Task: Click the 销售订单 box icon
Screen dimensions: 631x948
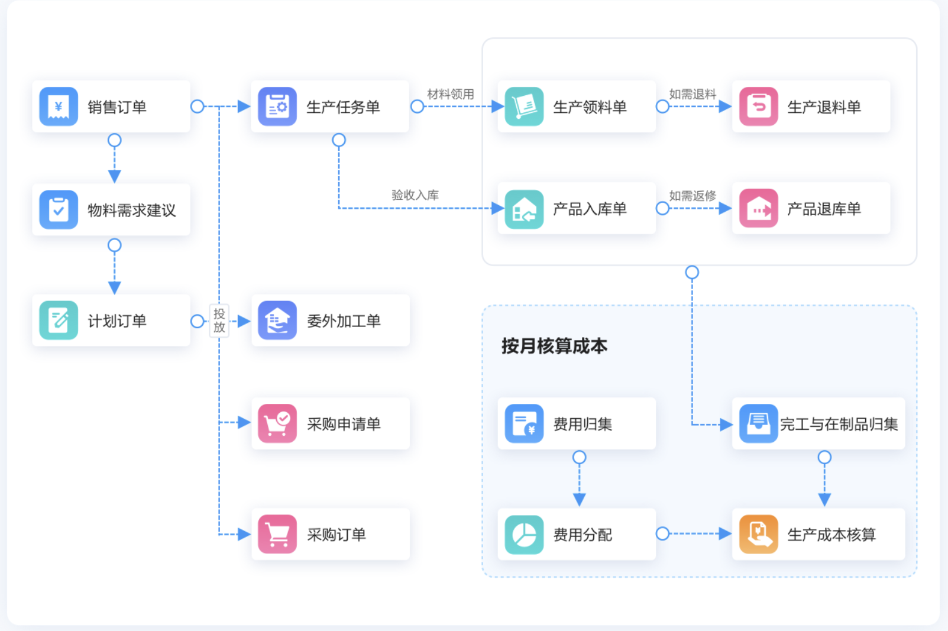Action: point(59,106)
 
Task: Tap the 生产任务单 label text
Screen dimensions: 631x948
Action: point(343,107)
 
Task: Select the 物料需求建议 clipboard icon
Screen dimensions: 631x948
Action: point(59,209)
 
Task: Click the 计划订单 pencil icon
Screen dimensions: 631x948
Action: point(59,321)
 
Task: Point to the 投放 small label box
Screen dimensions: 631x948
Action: point(219,321)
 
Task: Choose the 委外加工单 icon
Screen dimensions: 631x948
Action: point(277,321)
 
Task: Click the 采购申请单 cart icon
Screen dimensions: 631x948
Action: point(277,423)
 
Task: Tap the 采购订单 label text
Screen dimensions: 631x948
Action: point(337,535)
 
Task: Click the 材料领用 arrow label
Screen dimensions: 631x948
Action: point(451,94)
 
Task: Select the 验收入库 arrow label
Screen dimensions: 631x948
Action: point(415,195)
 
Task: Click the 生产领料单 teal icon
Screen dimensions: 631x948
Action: point(524,106)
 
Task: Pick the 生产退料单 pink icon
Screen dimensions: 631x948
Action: point(759,106)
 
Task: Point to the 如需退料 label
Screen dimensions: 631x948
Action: point(693,94)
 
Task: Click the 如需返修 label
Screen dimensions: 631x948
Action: point(693,195)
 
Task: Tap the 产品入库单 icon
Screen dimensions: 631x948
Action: point(524,209)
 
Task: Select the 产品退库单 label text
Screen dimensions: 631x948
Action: point(824,209)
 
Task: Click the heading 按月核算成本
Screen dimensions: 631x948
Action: point(554,346)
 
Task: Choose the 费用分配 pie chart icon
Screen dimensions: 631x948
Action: point(524,535)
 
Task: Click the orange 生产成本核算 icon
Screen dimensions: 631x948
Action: point(759,535)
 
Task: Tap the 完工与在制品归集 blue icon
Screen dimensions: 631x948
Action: point(759,423)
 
